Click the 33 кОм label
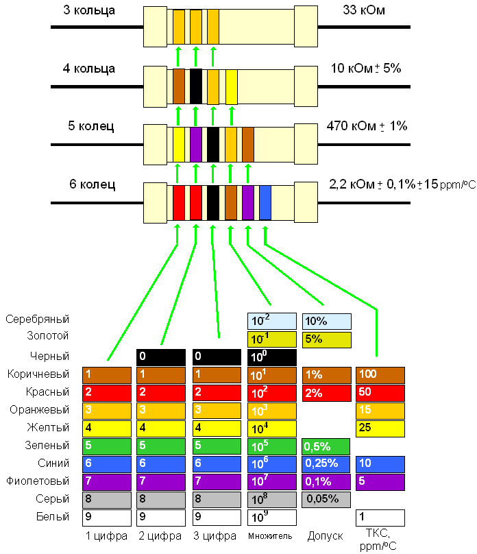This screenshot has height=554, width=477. click(363, 11)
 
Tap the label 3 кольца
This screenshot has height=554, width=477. click(89, 11)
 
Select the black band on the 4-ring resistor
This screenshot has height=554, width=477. click(196, 86)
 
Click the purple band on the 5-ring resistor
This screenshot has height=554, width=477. click(196, 144)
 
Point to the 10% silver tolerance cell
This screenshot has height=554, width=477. click(326, 321)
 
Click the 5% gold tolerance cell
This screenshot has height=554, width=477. click(326, 339)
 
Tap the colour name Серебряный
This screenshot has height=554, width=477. click(37, 320)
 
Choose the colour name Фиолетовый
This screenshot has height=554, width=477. click(38, 481)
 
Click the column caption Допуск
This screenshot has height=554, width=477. click(325, 535)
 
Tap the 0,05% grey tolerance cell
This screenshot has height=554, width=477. click(326, 499)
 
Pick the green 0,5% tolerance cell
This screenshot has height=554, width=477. click(326, 446)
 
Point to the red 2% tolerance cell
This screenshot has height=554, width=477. click(326, 392)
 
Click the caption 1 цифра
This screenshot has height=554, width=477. click(106, 535)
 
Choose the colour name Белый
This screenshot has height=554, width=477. click(54, 516)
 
